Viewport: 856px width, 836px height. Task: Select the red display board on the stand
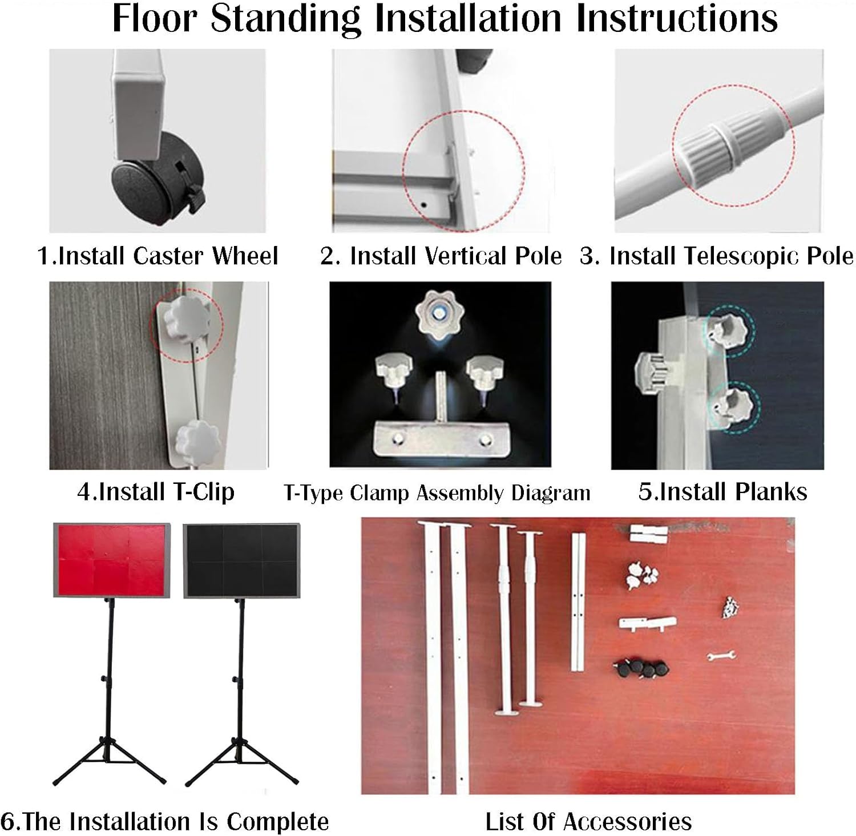[112, 560]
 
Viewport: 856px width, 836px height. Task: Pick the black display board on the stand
[241, 561]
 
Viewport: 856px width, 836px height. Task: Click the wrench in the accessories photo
[721, 656]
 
